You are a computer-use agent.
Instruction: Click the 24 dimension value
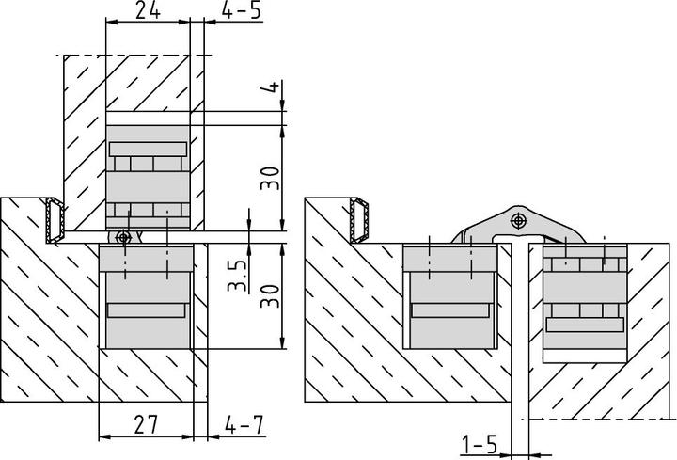coord(145,12)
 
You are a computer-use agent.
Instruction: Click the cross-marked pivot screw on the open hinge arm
coord(517,221)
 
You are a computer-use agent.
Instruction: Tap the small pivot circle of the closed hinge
coord(121,236)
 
